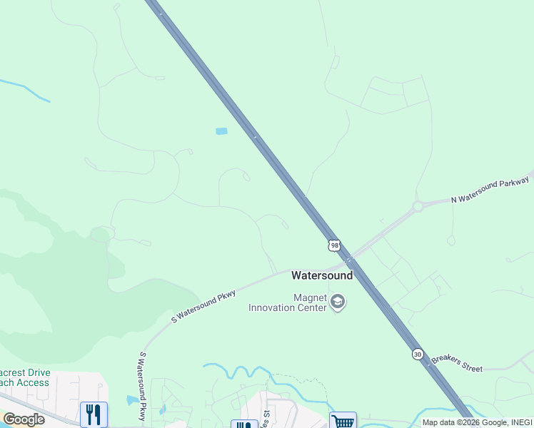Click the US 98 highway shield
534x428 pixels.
334,245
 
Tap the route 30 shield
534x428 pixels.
417,354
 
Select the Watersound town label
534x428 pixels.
322,275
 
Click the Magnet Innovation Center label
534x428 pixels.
288,302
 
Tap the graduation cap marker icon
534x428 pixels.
338,303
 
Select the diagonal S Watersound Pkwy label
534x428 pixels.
203,305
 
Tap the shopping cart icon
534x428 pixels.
343,421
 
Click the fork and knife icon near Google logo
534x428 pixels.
94,414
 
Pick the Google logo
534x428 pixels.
24,419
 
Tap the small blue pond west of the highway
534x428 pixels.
221,131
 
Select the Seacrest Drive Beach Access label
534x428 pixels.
25,377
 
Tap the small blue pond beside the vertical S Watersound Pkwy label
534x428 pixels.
132,400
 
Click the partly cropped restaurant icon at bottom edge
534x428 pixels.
243,424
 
